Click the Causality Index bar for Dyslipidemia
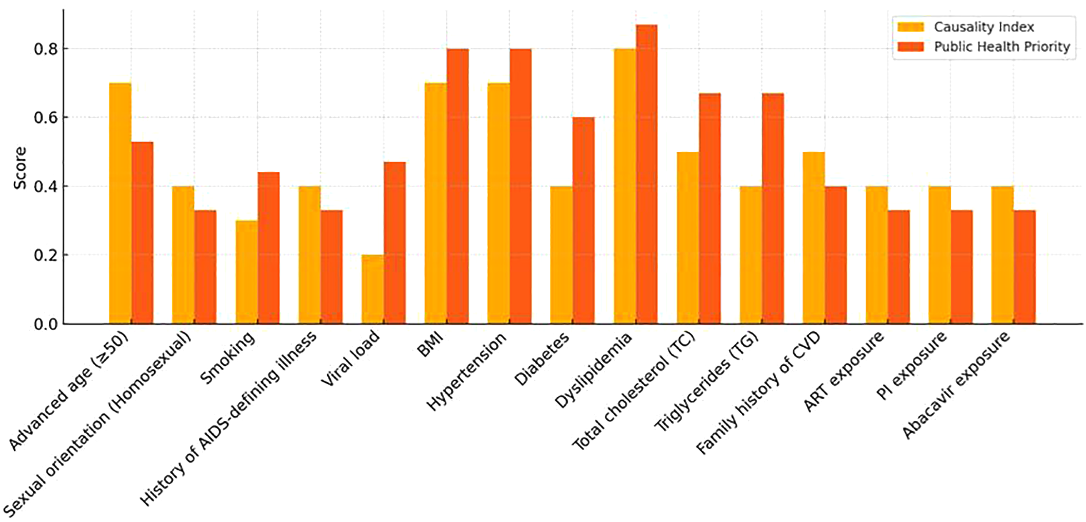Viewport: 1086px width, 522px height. coord(624,186)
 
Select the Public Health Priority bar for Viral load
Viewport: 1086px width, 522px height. coord(395,243)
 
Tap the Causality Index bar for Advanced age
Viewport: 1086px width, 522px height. coord(120,204)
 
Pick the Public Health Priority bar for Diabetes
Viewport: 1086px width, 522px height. coord(583,221)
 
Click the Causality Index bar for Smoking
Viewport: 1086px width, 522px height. coord(246,272)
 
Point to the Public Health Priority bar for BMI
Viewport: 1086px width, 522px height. coord(457,186)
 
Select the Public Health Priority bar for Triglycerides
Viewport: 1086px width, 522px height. coord(773,209)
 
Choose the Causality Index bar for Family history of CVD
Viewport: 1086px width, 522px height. coord(813,238)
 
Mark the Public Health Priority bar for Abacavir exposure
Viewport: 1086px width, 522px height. coord(1024,267)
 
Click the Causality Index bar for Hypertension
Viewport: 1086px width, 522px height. coord(498,204)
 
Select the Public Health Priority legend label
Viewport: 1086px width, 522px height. coord(1001,47)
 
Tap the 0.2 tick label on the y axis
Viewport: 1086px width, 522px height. coord(46,255)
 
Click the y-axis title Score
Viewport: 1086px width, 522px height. coord(20,167)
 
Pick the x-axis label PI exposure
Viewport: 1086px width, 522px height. coord(912,366)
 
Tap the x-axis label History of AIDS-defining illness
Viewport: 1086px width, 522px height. coord(228,419)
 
